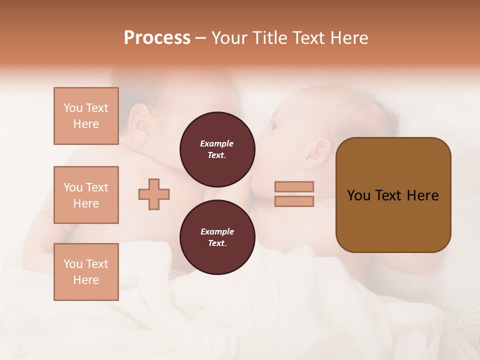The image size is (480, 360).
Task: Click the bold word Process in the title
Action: (x=157, y=38)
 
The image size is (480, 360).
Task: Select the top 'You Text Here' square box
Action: (x=86, y=116)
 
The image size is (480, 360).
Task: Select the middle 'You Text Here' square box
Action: (x=86, y=195)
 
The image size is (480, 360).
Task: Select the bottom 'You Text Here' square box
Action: (x=86, y=272)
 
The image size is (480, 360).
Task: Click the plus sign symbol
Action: (x=154, y=194)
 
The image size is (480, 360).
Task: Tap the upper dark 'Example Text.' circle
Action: (x=217, y=149)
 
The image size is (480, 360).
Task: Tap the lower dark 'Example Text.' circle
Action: (x=217, y=237)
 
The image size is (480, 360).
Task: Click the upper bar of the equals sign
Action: (x=294, y=186)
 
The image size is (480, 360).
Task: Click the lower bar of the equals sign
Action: (x=294, y=201)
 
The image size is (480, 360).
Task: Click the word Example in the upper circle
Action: (x=217, y=143)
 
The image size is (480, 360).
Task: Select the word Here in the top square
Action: (x=86, y=124)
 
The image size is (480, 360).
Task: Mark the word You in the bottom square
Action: (x=73, y=264)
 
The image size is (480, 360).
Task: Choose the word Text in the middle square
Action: (x=97, y=187)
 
